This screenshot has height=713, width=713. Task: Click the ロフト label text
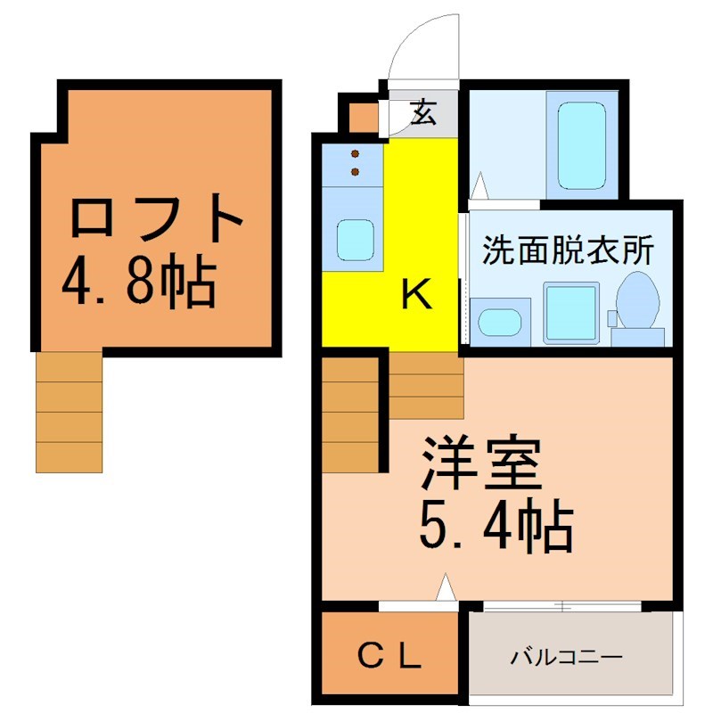(156, 218)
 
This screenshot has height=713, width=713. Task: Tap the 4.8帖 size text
(139, 284)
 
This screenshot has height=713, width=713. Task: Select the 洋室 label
(481, 463)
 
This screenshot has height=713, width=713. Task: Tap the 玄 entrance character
(423, 112)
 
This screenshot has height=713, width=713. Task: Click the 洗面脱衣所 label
(568, 250)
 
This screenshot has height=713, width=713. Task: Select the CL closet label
(389, 656)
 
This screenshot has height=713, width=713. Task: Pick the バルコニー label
(566, 657)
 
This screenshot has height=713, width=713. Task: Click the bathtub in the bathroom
(582, 145)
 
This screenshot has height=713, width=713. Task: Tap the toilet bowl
(637, 300)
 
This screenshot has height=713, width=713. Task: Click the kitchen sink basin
(355, 240)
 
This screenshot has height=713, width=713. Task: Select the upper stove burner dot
(355, 153)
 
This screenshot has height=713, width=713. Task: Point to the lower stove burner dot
(355, 171)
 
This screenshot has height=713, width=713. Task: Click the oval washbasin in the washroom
(500, 322)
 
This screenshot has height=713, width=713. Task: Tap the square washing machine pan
(570, 313)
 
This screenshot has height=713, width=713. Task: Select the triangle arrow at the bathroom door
(479, 185)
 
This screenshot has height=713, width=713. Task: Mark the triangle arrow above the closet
(447, 587)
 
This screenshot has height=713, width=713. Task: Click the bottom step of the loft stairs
(70, 457)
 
